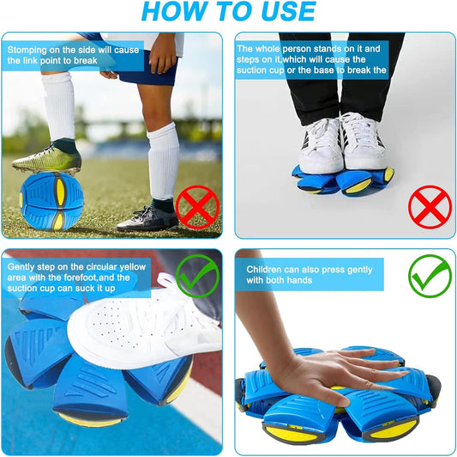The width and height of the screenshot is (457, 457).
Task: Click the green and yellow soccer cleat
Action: [x=47, y=158]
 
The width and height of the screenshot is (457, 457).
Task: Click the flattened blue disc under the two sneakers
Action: [x=343, y=177]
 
